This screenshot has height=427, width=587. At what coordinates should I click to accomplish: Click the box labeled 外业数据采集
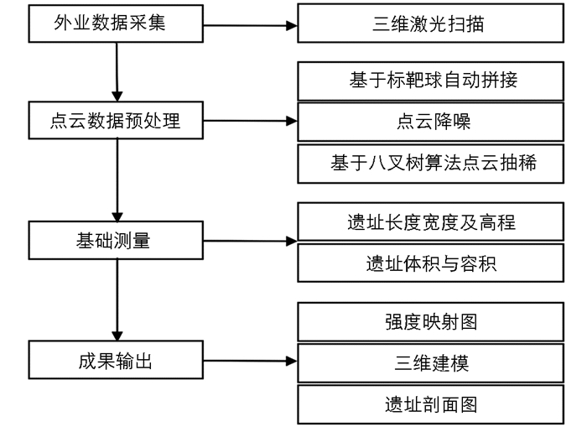(116, 23)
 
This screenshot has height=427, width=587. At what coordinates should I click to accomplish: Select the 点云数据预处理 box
(116, 120)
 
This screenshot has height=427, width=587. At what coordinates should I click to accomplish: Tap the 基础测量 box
(116, 240)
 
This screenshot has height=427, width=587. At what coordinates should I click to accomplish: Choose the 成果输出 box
(116, 360)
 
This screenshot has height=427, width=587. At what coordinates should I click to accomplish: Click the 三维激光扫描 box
(430, 23)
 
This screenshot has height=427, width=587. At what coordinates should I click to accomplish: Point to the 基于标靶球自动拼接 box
(430, 81)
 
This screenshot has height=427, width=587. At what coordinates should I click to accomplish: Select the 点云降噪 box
(430, 122)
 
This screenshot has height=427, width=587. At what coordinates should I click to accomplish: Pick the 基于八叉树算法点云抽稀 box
(430, 164)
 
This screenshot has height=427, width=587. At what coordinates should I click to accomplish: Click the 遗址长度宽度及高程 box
(430, 221)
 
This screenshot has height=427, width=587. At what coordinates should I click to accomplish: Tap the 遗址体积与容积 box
(430, 263)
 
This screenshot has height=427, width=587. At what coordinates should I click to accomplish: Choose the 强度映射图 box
(430, 322)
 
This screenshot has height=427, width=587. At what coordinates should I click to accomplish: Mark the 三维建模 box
(430, 363)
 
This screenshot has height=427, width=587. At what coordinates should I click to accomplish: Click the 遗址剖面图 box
(430, 404)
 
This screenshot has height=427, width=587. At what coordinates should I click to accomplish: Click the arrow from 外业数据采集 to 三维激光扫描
(251, 25)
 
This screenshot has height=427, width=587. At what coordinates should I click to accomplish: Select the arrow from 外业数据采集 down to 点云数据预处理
(117, 72)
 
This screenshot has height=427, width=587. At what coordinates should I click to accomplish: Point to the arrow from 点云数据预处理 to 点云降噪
(251, 121)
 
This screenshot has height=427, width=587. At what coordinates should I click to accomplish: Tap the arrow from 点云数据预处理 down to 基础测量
(117, 180)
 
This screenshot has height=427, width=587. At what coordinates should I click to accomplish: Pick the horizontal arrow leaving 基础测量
(251, 241)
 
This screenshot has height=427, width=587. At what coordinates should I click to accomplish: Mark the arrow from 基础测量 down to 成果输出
(117, 300)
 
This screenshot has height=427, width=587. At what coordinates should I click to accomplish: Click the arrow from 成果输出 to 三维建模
(251, 361)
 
